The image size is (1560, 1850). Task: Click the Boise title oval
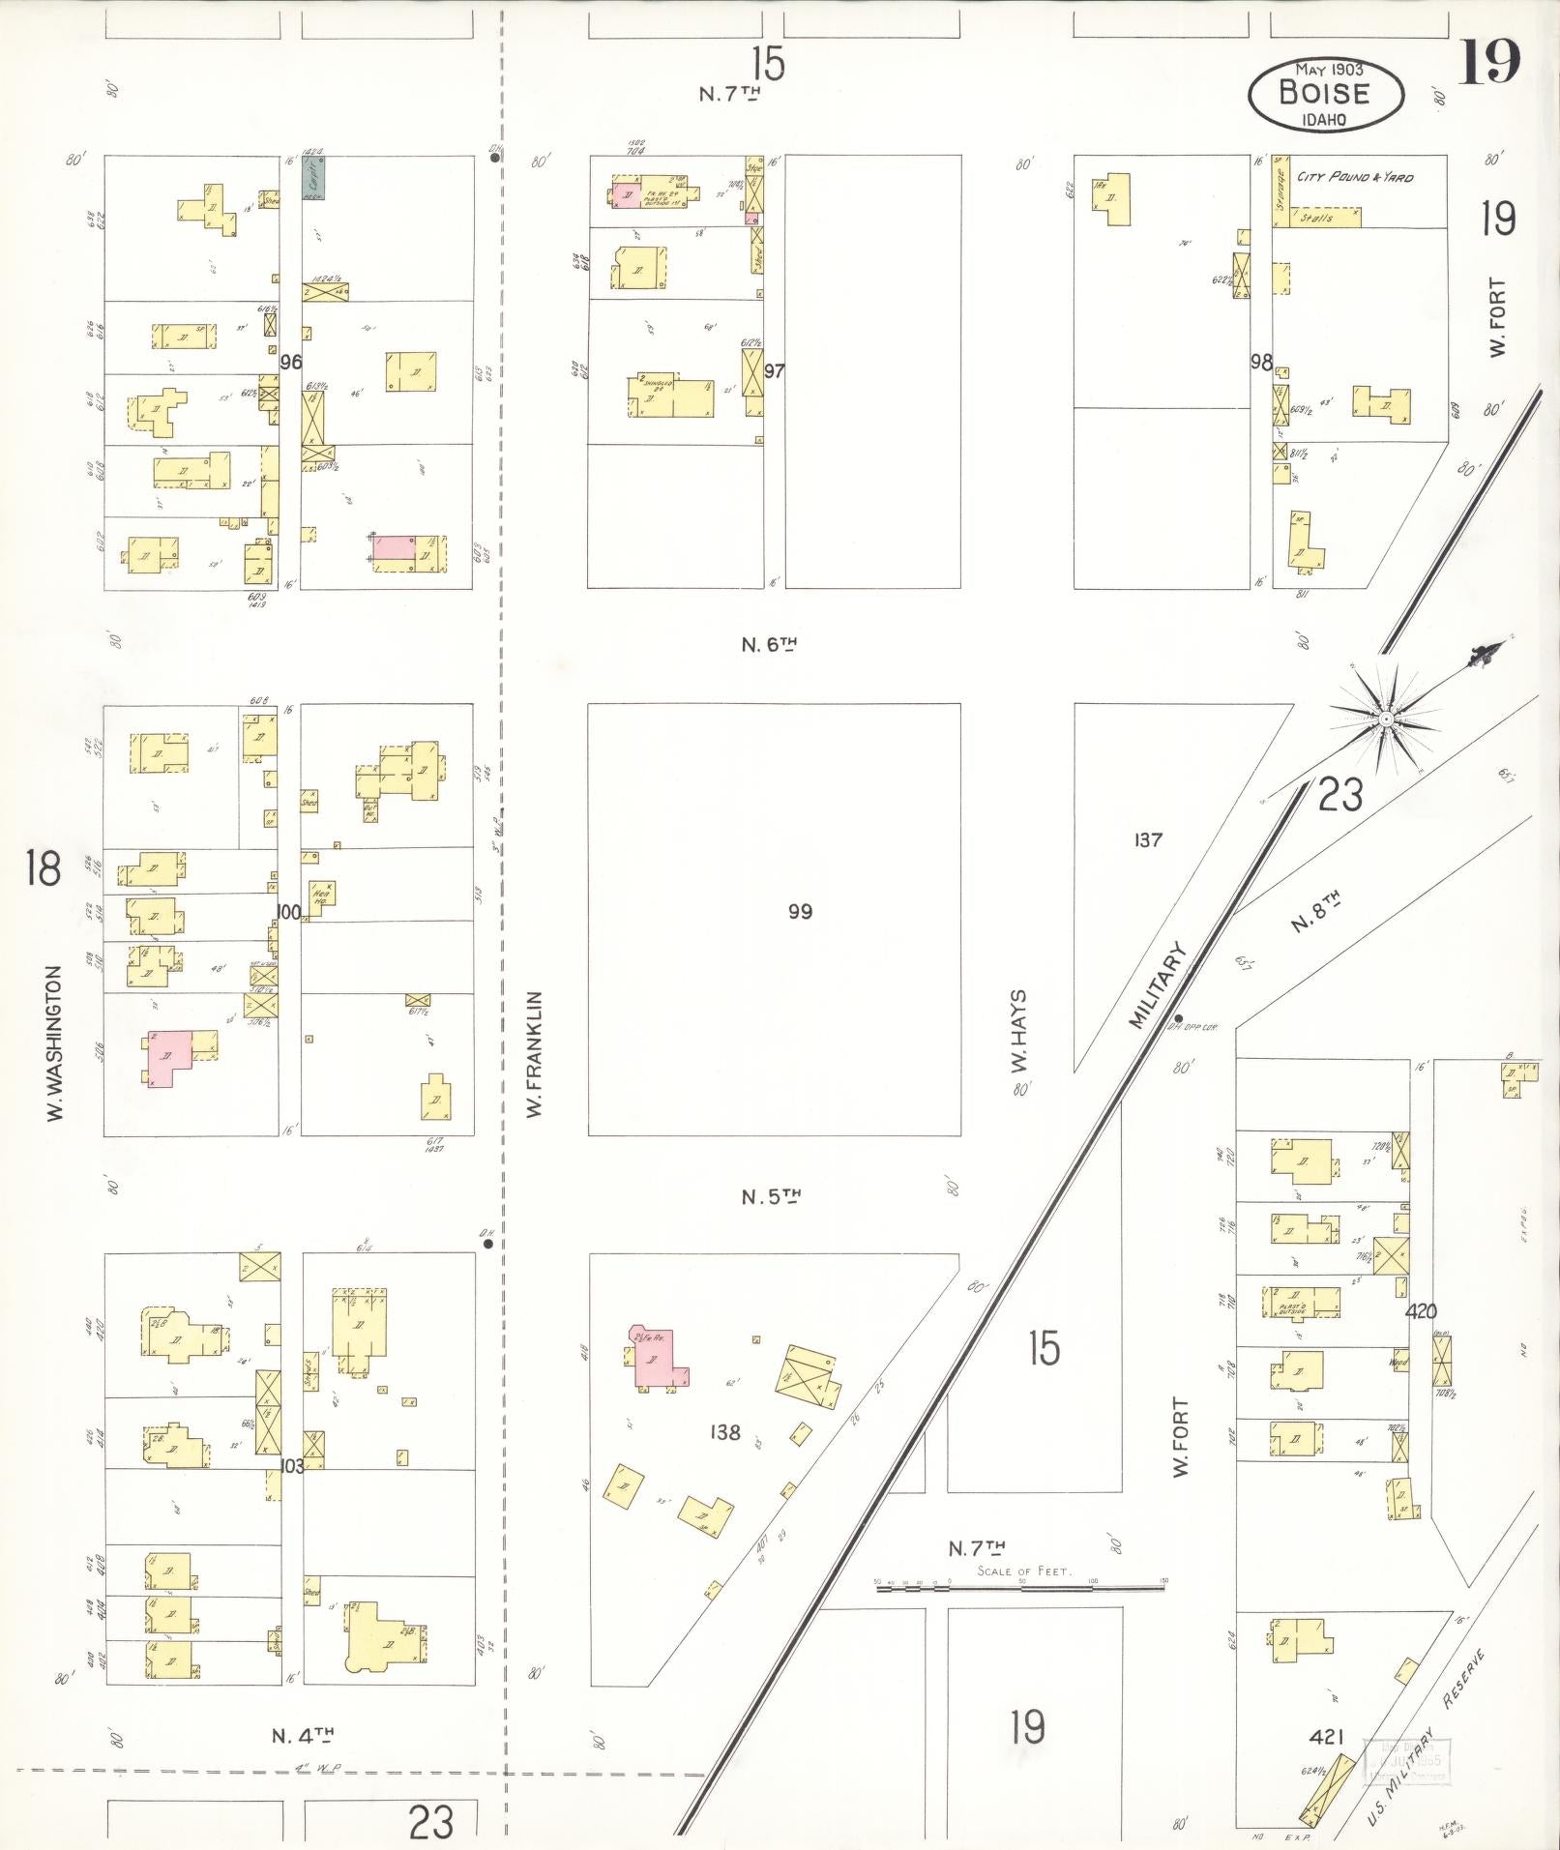tap(1325, 94)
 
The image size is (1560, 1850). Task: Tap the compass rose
tap(1385, 719)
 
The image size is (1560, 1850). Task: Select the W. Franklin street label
tap(535, 1053)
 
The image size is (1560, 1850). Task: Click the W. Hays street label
tap(1019, 1031)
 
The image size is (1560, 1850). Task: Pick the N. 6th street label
tap(770, 644)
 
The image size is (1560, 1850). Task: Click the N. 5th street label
tap(771, 1197)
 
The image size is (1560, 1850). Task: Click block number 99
tap(800, 911)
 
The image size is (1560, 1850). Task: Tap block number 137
tap(1147, 840)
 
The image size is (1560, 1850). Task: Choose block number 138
tap(725, 1432)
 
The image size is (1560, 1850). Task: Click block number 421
tap(1326, 1737)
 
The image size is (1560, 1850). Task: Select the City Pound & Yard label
tap(1355, 177)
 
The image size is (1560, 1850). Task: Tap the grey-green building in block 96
tap(313, 177)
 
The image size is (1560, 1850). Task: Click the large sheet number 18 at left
tap(44, 867)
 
